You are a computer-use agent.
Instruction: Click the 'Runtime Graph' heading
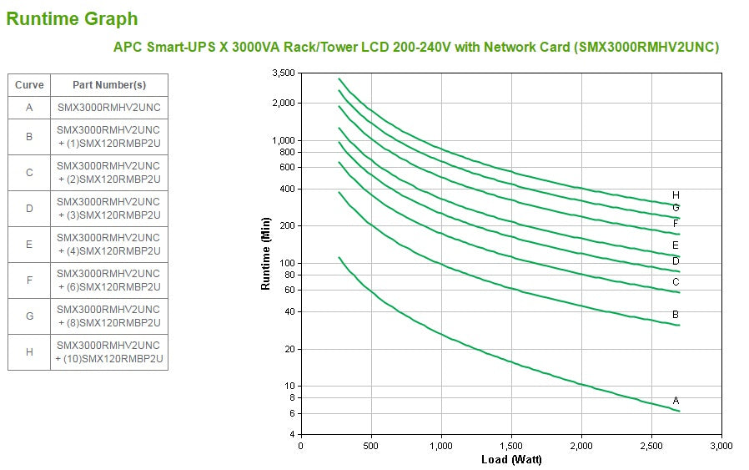click(72, 18)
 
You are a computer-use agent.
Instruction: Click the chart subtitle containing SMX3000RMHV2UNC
click(415, 47)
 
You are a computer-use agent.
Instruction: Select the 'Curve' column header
click(29, 84)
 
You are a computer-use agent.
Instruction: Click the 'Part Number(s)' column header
click(108, 84)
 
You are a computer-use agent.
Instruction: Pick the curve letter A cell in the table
click(29, 108)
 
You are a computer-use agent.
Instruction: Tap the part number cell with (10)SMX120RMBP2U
click(108, 352)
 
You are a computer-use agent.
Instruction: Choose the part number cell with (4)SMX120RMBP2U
click(108, 245)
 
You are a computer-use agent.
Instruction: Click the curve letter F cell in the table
click(29, 280)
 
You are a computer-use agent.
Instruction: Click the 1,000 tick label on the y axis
click(284, 140)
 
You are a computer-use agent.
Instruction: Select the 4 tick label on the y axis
click(291, 435)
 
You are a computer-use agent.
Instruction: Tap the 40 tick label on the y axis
click(289, 311)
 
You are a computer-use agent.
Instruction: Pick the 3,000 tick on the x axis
click(721, 446)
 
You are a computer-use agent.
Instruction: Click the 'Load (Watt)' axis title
click(510, 460)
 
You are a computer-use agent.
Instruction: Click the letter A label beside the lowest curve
click(676, 401)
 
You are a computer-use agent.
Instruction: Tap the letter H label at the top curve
click(676, 195)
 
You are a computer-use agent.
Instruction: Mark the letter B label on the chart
click(676, 315)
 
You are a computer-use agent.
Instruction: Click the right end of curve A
click(679, 411)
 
